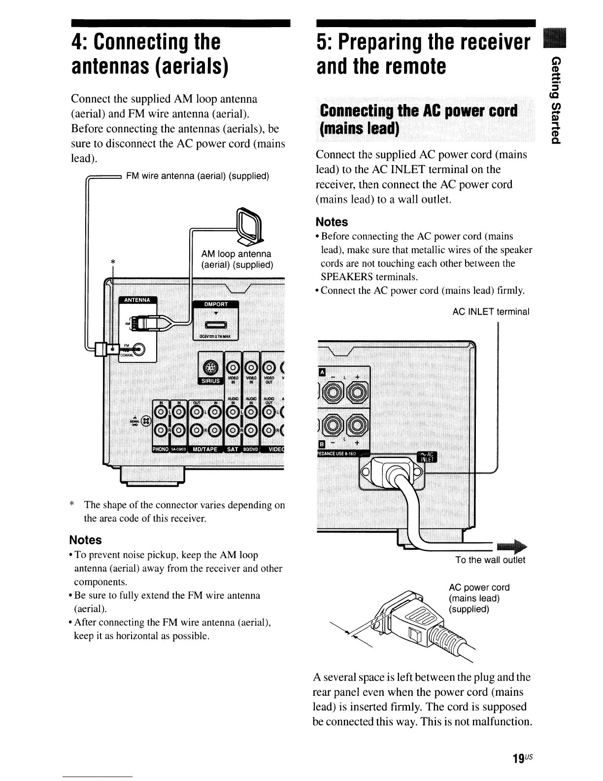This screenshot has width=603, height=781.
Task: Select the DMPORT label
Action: click(215, 304)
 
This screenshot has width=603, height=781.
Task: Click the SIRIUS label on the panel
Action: click(210, 381)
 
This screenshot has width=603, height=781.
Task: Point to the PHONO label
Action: click(161, 449)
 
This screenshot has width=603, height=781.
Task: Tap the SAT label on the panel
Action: click(232, 449)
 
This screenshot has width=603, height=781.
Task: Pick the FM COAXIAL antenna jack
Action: click(138, 349)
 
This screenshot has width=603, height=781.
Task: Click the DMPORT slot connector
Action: click(215, 324)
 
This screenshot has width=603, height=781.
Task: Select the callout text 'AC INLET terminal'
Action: click(491, 312)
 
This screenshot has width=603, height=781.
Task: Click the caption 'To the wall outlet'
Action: click(490, 560)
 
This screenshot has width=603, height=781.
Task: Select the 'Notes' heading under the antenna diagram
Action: click(86, 540)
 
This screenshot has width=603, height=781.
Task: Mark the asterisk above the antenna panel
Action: click(113, 262)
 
